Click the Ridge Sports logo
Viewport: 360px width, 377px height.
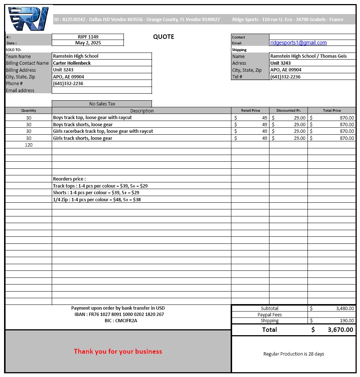click(x=28, y=19)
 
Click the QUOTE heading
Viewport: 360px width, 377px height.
click(x=163, y=37)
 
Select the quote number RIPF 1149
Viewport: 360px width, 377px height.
click(x=88, y=37)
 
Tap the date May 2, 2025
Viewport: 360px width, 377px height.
click(x=88, y=43)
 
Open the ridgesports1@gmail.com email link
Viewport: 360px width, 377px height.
click(x=298, y=43)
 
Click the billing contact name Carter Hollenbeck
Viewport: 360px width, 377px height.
click(x=72, y=63)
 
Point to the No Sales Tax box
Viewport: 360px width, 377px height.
click(x=102, y=104)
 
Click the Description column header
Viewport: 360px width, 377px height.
click(x=142, y=111)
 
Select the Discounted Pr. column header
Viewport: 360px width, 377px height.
click(x=288, y=111)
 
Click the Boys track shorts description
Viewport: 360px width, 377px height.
click(x=83, y=125)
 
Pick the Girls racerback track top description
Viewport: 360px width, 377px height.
click(x=103, y=131)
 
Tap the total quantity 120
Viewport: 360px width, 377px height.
click(x=28, y=145)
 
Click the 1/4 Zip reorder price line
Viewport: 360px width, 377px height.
click(x=97, y=200)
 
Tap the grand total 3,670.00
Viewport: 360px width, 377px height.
click(x=340, y=330)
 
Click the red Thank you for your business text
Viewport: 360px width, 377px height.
click(x=118, y=351)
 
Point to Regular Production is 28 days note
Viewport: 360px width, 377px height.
click(x=293, y=354)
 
